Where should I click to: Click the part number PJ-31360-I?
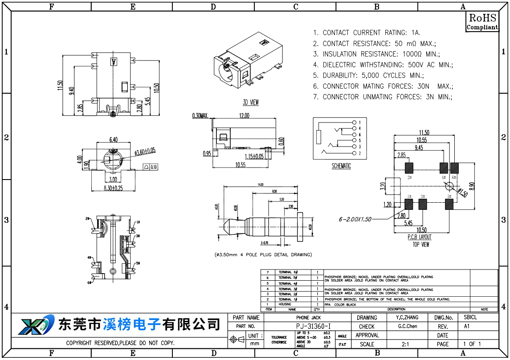coord(313,326)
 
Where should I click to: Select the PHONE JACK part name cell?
coord(308,318)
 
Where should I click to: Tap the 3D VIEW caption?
coord(251,102)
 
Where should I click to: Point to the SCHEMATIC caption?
coord(341,166)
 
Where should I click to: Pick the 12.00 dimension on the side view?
coord(244,115)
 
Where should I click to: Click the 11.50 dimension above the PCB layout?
coord(424,132)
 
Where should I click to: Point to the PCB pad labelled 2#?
coord(409,168)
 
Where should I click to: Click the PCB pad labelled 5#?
coord(449,204)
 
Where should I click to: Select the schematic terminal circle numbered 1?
coord(354,123)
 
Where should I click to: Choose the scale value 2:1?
coord(405,344)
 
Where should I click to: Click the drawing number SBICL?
coord(470,318)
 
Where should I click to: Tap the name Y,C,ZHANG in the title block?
coord(407,318)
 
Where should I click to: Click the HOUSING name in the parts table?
coord(285,304)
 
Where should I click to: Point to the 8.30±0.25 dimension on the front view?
coord(113,188)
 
